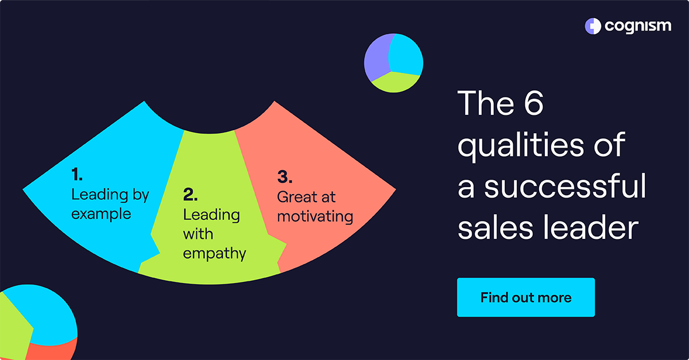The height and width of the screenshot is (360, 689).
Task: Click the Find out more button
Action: (x=525, y=297)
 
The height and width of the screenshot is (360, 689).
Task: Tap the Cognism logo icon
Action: (x=592, y=26)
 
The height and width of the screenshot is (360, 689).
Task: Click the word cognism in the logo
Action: (x=637, y=26)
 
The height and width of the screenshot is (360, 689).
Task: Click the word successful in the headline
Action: (x=566, y=187)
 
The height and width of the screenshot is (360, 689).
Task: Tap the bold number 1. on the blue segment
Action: (x=78, y=175)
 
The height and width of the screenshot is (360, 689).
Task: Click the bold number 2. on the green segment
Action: (x=191, y=195)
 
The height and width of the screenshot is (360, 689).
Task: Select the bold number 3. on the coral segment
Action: (x=285, y=176)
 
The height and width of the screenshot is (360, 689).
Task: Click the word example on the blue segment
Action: (x=101, y=214)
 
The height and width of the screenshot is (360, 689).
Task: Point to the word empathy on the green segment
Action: (x=214, y=253)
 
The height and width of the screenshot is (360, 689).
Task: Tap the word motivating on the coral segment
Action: (x=315, y=216)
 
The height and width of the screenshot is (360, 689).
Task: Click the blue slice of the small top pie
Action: (x=407, y=55)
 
